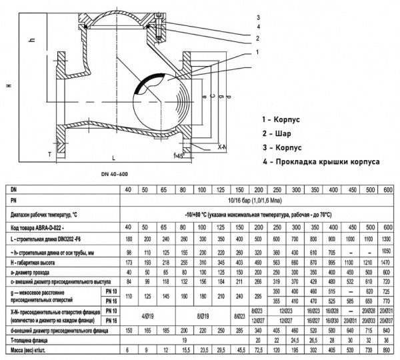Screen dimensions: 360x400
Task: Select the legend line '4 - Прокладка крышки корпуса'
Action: pos(321,161)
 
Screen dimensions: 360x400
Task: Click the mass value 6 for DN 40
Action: pos(129,349)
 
